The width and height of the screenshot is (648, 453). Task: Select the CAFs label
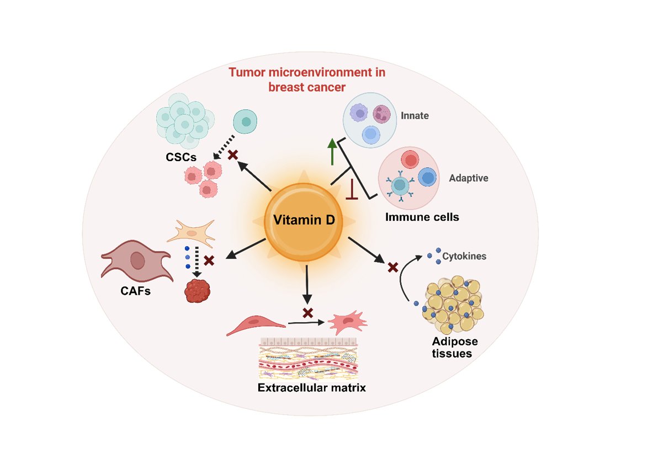135,290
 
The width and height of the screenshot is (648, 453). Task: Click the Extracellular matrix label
312,387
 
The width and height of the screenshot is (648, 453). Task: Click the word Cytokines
464,257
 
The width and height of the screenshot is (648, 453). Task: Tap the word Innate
415,116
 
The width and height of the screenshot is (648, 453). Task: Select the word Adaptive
468,178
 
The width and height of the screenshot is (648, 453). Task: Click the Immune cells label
422,217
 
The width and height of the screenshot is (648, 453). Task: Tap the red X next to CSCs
233,156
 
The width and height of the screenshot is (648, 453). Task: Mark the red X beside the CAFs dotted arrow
209,259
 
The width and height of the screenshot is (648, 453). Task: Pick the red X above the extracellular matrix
308,313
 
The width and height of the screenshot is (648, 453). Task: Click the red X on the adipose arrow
393,268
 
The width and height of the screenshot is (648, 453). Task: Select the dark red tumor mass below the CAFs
197,291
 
